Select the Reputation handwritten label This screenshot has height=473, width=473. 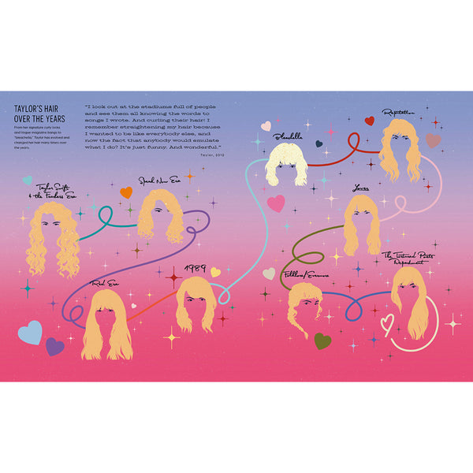[x=404, y=113]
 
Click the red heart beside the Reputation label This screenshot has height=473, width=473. [x=369, y=121]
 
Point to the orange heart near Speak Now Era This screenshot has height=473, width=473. [x=126, y=192]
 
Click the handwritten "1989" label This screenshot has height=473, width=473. [x=195, y=269]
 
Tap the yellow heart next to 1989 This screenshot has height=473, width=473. [x=214, y=272]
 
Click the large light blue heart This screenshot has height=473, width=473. [x=30, y=332]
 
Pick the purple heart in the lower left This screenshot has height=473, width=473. [x=54, y=346]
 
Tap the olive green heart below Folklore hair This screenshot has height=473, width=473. [x=322, y=341]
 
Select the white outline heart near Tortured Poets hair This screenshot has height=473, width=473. [x=387, y=322]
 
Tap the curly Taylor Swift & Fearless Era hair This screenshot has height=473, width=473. [x=54, y=237]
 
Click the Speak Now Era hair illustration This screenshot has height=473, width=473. [x=162, y=215]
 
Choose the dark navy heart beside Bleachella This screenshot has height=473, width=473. [x=318, y=144]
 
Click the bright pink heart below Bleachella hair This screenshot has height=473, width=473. [x=275, y=203]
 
